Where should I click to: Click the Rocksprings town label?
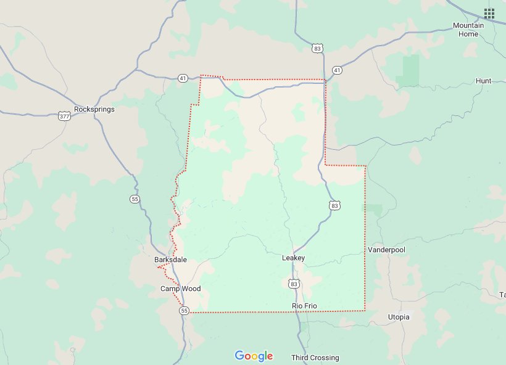click(94, 109)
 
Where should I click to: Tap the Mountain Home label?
click(468, 30)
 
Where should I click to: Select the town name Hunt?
click(484, 81)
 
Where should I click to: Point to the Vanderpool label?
click(388, 250)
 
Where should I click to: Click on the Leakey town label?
click(293, 258)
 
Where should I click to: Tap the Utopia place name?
click(398, 317)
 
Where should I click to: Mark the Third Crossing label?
click(315, 358)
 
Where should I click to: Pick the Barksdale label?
click(170, 260)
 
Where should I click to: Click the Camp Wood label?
click(181, 289)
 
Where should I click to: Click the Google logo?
click(254, 356)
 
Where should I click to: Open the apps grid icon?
click(489, 13)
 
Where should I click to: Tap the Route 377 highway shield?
click(64, 115)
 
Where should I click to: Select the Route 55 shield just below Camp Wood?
click(185, 311)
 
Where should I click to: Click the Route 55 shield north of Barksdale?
click(135, 199)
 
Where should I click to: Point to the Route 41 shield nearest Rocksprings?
click(183, 78)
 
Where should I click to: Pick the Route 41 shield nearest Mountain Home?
click(337, 70)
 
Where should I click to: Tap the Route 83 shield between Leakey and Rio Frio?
click(294, 284)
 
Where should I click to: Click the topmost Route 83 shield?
click(317, 48)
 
